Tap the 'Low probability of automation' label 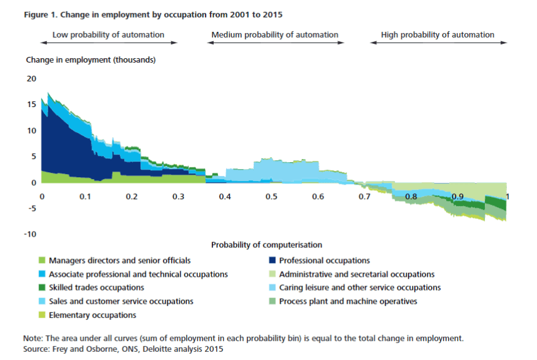coord(108,35)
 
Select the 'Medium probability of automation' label coord(275,35)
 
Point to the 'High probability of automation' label coord(437,35)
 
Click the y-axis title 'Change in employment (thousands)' coord(91,60)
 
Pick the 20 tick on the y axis coord(31,79)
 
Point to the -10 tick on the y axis coord(30,234)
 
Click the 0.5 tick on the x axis coord(271,197)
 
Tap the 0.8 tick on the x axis coord(411,197)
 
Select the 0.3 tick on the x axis coord(178,197)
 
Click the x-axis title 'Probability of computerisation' coord(266,245)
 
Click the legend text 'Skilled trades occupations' coord(96,288)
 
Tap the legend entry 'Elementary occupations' coord(88,316)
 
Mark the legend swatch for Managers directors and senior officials coord(43,260)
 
